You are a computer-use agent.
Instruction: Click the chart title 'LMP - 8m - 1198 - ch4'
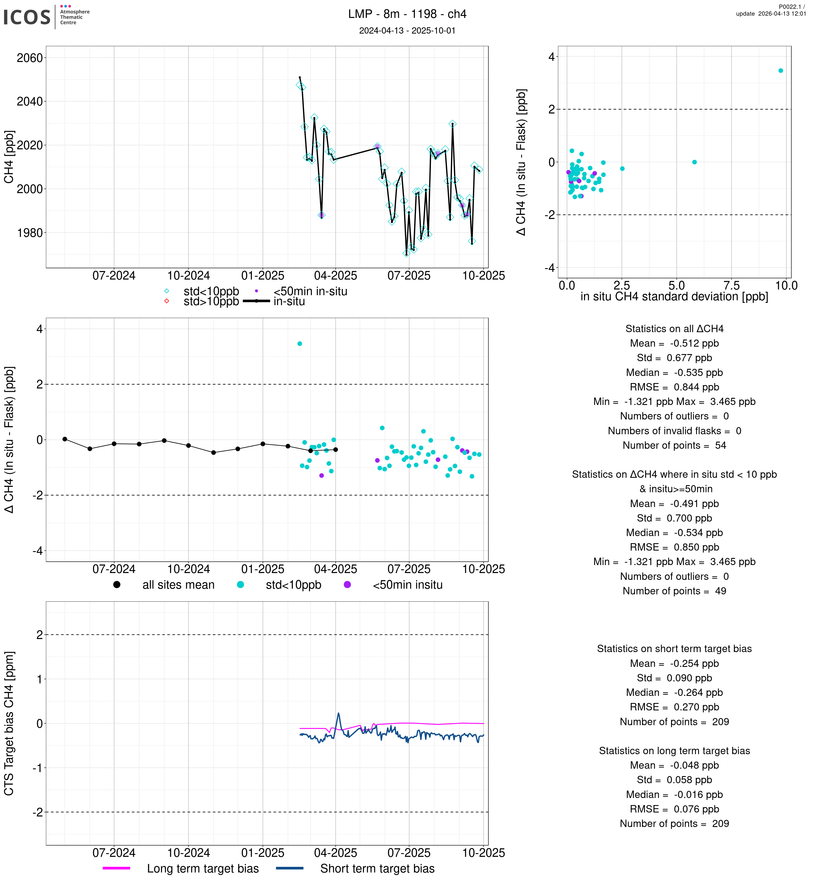coord(407,14)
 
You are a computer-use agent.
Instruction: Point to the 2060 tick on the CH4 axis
coord(30,58)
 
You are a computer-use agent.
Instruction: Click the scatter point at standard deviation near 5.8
coord(695,162)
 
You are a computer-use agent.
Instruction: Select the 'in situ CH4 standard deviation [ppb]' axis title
coord(674,297)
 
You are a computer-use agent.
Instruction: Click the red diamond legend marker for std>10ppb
coord(167,301)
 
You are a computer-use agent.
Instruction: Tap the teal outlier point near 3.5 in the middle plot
coord(300,344)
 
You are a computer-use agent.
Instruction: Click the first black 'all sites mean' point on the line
coord(65,439)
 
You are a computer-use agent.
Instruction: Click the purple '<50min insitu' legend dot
coord(348,585)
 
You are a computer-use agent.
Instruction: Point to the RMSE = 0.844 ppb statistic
coord(674,387)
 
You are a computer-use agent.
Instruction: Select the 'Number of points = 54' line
coord(674,445)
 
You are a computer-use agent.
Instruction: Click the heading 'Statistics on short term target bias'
coord(674,649)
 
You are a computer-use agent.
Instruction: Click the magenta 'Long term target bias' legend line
coord(116,868)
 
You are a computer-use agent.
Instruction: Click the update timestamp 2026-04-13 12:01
coord(771,14)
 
